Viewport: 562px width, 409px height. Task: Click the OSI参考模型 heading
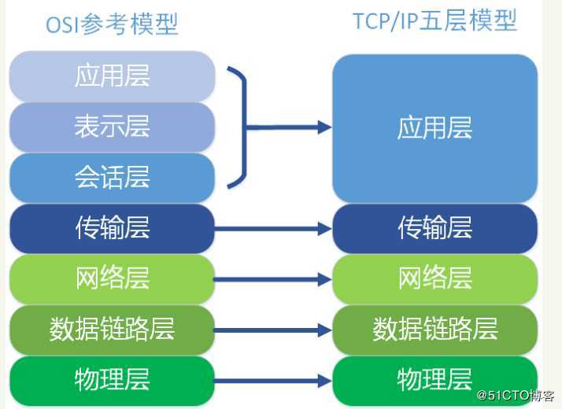(112, 24)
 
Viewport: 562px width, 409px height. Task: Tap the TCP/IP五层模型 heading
(434, 21)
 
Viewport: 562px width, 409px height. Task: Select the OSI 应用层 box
(112, 76)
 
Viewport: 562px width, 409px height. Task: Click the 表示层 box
(112, 127)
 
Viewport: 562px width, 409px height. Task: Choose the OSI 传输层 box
(112, 228)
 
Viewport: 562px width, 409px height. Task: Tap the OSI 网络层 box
(112, 278)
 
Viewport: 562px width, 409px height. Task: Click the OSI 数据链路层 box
(112, 330)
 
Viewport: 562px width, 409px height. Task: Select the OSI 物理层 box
(112, 380)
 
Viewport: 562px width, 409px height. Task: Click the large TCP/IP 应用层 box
(434, 128)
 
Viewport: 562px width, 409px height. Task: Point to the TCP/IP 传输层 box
(434, 228)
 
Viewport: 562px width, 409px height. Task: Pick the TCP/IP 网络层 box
(434, 278)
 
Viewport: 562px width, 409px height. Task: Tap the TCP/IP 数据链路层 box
(434, 330)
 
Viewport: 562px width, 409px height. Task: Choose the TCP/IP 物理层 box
(434, 380)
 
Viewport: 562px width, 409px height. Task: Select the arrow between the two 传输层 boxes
(272, 229)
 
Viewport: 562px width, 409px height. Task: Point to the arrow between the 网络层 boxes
(272, 279)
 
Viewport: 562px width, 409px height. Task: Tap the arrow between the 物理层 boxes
(272, 381)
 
